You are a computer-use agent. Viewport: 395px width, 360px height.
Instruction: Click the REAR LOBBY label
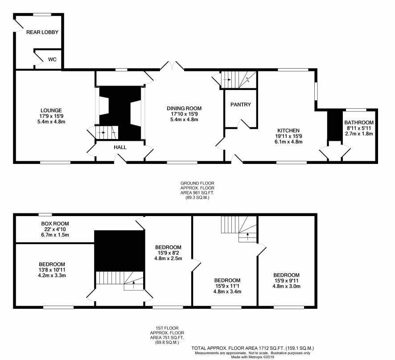pos(42,32)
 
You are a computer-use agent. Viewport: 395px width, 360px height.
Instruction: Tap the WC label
pos(52,60)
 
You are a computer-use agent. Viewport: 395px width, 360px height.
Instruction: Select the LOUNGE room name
pos(51,110)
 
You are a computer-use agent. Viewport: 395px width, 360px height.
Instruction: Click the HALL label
pos(120,147)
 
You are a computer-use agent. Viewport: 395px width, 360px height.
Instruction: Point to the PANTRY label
pos(241,104)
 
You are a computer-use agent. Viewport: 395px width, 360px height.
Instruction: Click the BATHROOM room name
pos(359,123)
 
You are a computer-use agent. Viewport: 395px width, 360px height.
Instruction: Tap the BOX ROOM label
pos(55,224)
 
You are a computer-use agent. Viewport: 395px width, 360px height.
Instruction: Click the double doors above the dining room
pos(172,65)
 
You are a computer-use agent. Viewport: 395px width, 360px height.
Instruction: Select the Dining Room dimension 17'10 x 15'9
pos(184,114)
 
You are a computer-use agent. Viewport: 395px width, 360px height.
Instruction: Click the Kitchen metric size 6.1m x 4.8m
pos(288,142)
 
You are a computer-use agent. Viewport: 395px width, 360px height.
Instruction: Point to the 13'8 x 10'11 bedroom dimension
pos(52,270)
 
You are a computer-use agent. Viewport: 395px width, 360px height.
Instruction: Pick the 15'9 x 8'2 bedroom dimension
pos(168,253)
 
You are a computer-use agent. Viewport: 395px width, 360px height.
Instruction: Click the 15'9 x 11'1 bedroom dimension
pos(227,286)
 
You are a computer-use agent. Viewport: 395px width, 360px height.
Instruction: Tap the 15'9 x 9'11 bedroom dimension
pos(286,281)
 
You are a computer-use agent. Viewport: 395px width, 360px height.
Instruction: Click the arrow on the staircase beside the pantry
pos(227,80)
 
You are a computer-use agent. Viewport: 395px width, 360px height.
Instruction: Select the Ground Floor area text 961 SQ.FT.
pos(197,193)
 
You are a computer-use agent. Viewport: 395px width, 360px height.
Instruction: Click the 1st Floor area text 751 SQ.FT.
pos(167,338)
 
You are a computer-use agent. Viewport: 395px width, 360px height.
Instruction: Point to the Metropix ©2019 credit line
pos(253,357)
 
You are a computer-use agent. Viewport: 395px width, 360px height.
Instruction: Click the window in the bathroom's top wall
pos(356,110)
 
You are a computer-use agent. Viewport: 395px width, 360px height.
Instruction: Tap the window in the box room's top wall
pos(45,215)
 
